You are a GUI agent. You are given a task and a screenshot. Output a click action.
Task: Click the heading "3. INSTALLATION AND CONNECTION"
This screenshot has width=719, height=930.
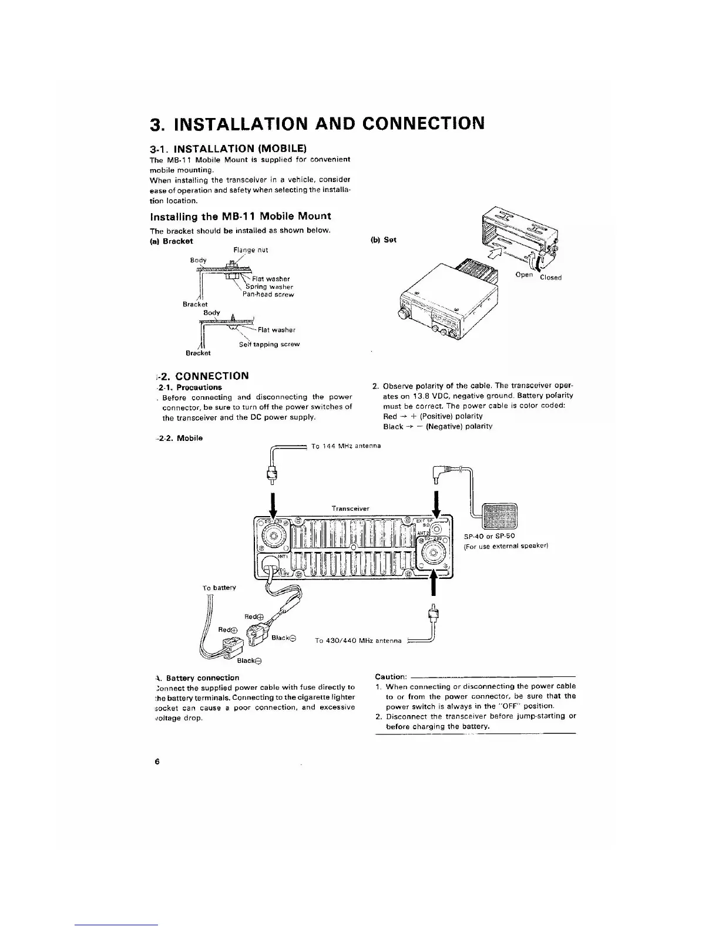(317, 124)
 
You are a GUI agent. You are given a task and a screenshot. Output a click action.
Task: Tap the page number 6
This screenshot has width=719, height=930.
(157, 761)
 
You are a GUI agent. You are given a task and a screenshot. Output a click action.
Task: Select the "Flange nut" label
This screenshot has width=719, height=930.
(247, 250)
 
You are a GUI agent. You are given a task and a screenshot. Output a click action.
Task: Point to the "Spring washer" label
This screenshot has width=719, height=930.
(269, 287)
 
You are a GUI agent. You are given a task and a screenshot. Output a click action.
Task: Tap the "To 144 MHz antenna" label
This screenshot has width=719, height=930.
(346, 446)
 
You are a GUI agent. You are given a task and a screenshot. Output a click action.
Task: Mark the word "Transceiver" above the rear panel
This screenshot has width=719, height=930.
(350, 508)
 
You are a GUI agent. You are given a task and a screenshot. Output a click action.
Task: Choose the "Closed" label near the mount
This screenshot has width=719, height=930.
(551, 278)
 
